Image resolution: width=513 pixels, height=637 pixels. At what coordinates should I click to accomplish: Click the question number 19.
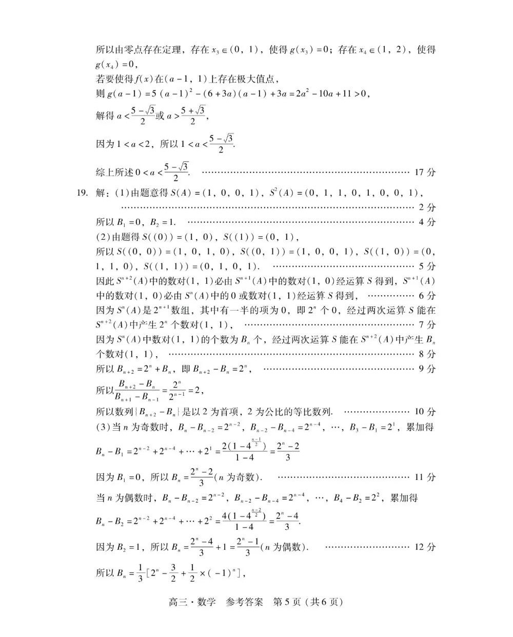pyautogui.click(x=82, y=193)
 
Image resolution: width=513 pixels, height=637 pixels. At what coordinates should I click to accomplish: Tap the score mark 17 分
pyautogui.click(x=425, y=172)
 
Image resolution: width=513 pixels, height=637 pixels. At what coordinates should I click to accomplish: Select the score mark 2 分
pyautogui.click(x=427, y=208)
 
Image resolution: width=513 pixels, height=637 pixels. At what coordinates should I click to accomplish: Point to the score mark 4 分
pyautogui.click(x=427, y=222)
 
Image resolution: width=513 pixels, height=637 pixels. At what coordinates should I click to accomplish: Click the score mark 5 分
pyautogui.click(x=427, y=266)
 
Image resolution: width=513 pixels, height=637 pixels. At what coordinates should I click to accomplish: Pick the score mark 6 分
pyautogui.click(x=427, y=296)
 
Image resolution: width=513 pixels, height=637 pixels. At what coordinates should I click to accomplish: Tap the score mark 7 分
pyautogui.click(x=427, y=324)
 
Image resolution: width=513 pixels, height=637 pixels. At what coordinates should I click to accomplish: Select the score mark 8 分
pyautogui.click(x=427, y=354)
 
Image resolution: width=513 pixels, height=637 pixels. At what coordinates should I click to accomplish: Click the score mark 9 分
pyautogui.click(x=427, y=369)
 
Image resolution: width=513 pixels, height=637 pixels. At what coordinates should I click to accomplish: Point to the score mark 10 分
pyautogui.click(x=425, y=412)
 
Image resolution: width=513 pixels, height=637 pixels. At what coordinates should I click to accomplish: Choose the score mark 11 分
pyautogui.click(x=425, y=477)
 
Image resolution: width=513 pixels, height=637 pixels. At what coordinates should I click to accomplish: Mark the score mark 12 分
pyautogui.click(x=425, y=547)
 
